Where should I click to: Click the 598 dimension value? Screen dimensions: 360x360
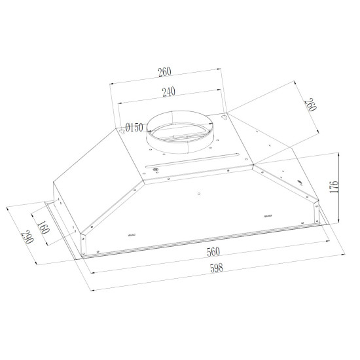tap(217, 268)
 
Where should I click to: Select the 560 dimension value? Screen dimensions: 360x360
tap(213, 251)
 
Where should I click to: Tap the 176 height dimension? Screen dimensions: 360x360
tap(334, 187)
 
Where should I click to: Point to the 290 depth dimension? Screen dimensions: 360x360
tap(27, 237)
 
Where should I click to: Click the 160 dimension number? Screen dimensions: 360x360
tap(43, 227)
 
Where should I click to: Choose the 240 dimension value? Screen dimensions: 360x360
tap(169, 92)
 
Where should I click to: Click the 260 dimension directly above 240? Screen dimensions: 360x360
tap(164, 72)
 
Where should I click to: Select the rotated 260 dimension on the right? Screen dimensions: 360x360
tap(310, 105)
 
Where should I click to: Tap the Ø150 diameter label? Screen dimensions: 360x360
tap(134, 128)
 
